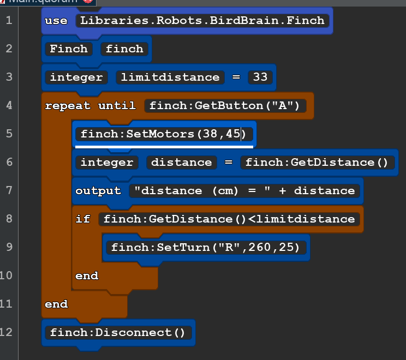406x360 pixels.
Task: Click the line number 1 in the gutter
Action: [x=8, y=21]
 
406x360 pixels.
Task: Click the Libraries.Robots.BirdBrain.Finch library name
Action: [x=202, y=21]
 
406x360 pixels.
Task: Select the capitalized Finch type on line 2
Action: [x=69, y=49]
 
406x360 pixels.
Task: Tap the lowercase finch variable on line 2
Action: [x=124, y=49]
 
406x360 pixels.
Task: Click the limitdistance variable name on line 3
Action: [x=170, y=77]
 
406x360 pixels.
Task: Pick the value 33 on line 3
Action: [x=260, y=77]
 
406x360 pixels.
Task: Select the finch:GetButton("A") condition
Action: [x=224, y=106]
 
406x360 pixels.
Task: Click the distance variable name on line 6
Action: [x=181, y=163]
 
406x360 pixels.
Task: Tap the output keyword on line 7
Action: [x=98, y=191]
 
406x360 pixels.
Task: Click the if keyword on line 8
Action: [x=83, y=219]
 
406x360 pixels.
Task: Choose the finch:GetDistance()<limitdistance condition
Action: [x=229, y=219]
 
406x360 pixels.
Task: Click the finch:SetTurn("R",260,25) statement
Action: [x=206, y=248]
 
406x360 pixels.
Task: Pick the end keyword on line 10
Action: [x=87, y=276]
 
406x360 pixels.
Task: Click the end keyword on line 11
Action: [x=56, y=304]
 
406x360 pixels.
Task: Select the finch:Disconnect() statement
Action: [x=118, y=332]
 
